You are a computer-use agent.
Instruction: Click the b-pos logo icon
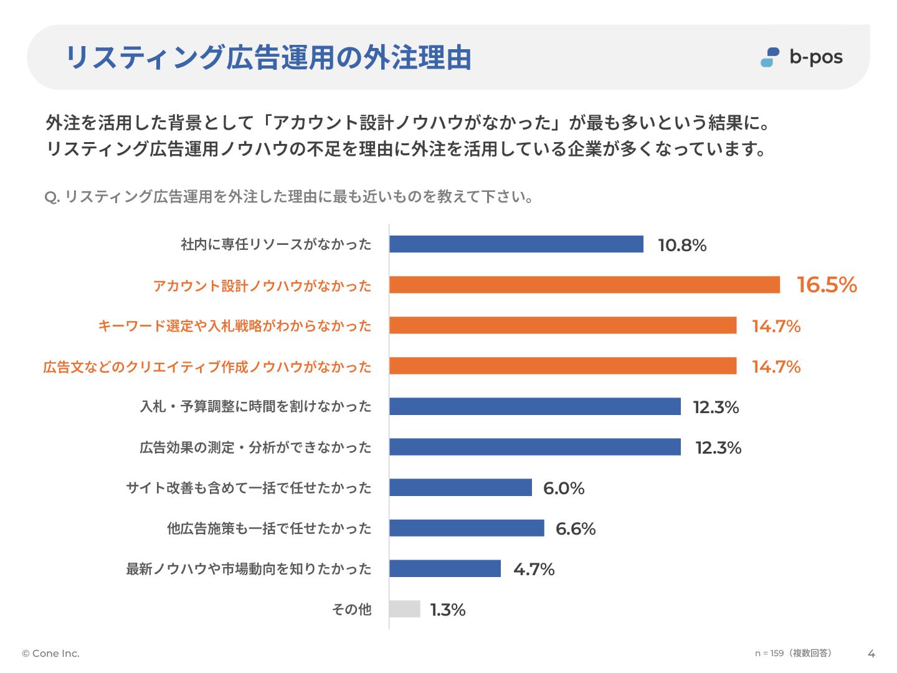[x=770, y=57]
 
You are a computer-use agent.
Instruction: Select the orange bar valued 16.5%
[x=584, y=285]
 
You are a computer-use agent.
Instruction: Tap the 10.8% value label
[x=682, y=245]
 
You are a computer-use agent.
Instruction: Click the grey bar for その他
[x=405, y=609]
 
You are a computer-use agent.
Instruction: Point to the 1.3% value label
[x=448, y=609]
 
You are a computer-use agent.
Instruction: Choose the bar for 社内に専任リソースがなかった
[x=516, y=244]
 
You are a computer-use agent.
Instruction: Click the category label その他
[x=351, y=609]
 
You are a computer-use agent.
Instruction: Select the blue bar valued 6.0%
[x=460, y=487]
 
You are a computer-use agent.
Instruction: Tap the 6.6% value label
[x=576, y=528]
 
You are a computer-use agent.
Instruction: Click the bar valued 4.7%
[x=445, y=568]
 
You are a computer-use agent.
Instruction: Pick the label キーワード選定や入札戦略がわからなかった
[x=235, y=326]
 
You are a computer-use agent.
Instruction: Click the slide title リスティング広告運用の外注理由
[x=268, y=57]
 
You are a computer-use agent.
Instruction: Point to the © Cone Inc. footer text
[x=51, y=653]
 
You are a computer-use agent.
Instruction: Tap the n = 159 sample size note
[x=793, y=653]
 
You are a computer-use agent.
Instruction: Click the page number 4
[x=871, y=654]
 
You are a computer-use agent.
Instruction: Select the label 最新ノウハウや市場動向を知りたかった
[x=249, y=569]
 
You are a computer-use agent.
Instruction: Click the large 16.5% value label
[x=827, y=285]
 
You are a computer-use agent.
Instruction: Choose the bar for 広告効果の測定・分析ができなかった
[x=534, y=447]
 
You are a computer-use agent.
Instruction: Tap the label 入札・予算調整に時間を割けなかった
[x=255, y=406]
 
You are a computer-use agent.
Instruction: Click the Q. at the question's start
[x=52, y=198]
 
